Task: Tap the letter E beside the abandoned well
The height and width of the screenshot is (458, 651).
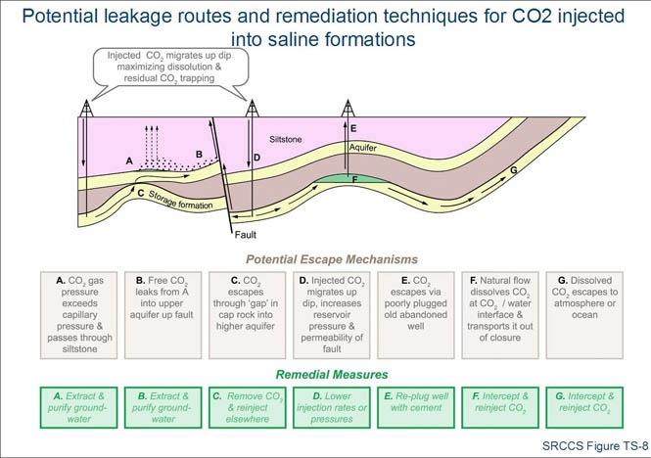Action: pos(352,128)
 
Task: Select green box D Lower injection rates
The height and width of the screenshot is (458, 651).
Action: pos(326,405)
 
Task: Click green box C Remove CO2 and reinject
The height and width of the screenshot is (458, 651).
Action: pos(239,405)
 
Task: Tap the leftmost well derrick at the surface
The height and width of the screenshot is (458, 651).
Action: pos(86,108)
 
